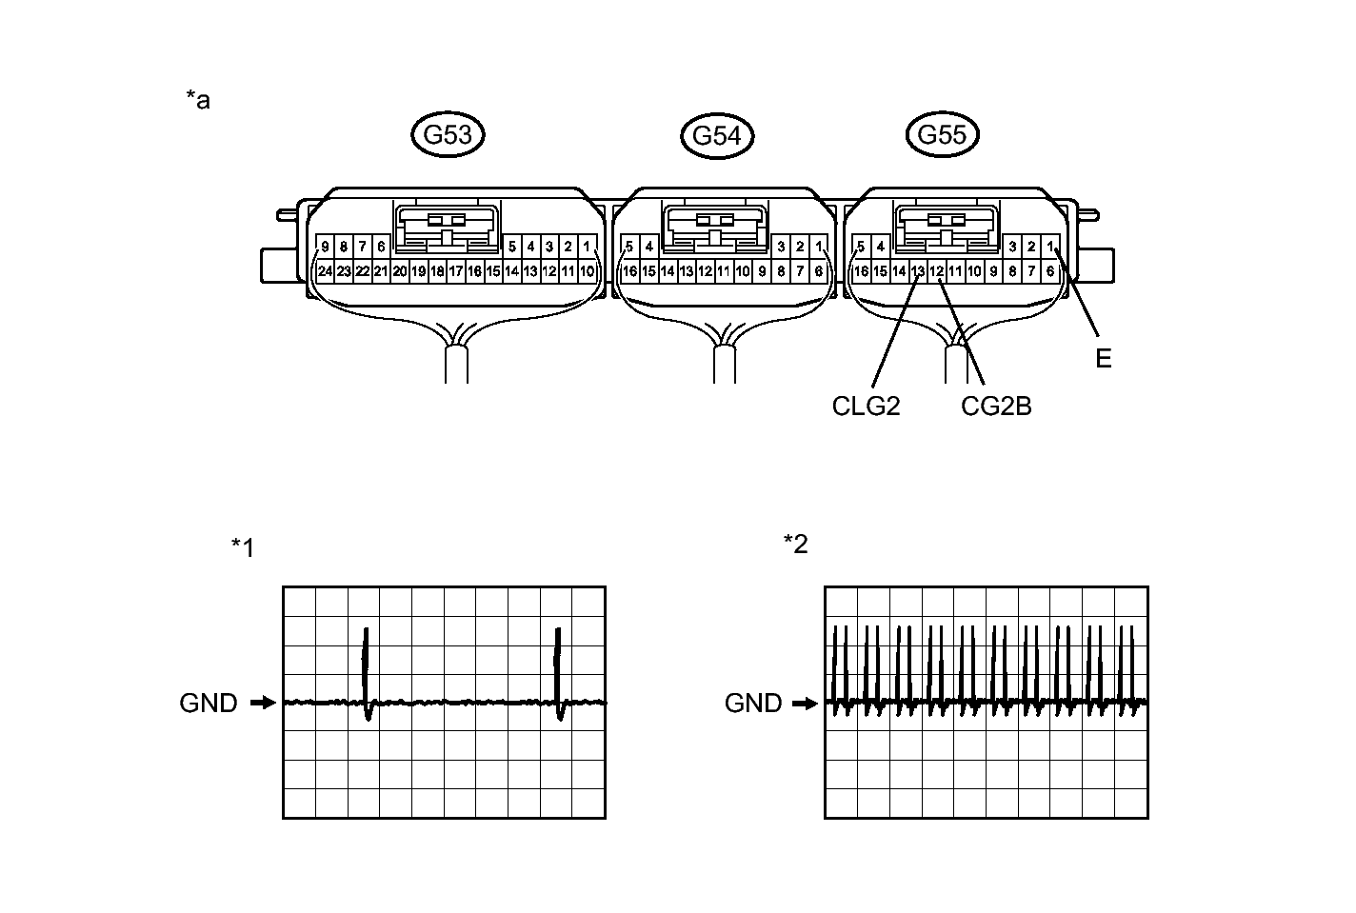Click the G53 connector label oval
(448, 135)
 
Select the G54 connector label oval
(717, 136)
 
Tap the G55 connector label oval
(941, 135)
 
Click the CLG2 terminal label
(866, 407)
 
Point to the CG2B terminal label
(996, 407)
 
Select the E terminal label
(1104, 359)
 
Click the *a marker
(198, 99)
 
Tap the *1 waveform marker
(243, 547)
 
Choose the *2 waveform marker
(795, 544)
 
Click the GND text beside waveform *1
(209, 704)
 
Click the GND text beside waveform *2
(753, 704)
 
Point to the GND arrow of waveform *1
(262, 704)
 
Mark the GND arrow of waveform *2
(806, 704)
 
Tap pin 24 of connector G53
(326, 271)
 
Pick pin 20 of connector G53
(400, 271)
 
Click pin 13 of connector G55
(918, 271)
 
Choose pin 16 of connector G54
(629, 271)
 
